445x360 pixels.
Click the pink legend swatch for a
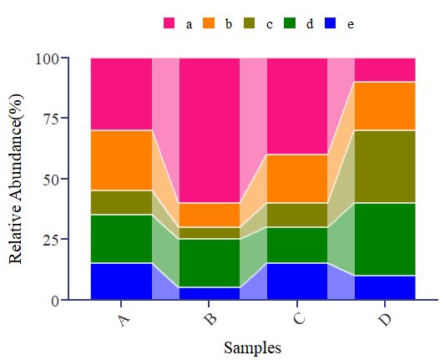169,23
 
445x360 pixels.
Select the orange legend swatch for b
210,23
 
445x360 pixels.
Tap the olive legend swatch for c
250,23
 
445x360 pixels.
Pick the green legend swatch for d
291,23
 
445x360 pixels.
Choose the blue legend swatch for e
331,23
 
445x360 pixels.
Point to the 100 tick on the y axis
48,58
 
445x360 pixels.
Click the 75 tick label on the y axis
51,119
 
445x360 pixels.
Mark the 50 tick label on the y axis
51,180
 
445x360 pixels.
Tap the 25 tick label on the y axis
51,240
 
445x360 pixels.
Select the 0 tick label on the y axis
55,300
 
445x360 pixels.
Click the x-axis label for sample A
124,319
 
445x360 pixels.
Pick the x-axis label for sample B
211,319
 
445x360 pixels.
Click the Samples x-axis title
252,347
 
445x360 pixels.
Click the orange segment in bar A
121,160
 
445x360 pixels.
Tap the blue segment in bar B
210,293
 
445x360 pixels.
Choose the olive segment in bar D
385,166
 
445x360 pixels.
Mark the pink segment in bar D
385,70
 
